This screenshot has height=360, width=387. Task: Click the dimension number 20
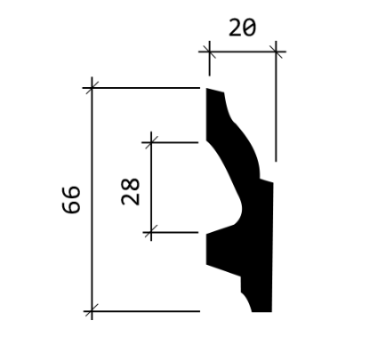242,28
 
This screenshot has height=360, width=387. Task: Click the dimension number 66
71,199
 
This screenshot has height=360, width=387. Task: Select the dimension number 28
131,192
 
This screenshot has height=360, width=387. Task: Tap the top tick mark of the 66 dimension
92,88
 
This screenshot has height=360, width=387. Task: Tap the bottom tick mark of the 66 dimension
92,311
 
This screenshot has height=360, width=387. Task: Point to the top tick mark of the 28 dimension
151,142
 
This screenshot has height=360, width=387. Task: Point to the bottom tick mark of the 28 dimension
151,233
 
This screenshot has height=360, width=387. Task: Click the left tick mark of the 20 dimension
209,52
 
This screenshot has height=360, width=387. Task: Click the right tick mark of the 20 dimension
276,52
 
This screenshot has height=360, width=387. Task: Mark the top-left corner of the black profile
206,88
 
